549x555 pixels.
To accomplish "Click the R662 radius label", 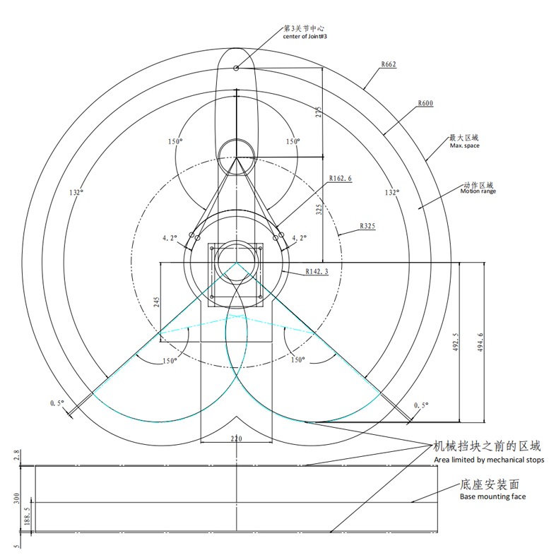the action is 389,64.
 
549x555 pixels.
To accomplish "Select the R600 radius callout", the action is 425,103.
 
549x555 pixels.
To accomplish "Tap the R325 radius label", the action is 367,226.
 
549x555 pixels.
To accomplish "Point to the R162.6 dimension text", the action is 341,179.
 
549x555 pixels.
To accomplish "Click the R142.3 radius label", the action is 317,272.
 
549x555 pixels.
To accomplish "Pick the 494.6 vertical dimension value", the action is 480,342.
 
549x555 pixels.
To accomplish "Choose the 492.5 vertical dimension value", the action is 456,342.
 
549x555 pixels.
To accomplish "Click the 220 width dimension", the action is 236,439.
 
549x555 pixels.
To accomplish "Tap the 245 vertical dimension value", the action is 157,302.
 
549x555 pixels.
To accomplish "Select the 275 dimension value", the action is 319,112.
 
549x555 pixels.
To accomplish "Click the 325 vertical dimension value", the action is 319,210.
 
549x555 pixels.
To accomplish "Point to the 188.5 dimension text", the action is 28,517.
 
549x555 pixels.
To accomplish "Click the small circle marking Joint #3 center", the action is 236,68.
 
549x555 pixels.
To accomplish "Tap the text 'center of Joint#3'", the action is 305,37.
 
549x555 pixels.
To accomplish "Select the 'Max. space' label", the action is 464,145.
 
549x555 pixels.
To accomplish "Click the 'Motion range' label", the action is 478,191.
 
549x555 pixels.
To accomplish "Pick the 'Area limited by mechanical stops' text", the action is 489,460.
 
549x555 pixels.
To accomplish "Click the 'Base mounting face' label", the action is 492,496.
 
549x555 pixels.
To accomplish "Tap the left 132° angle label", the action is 76,193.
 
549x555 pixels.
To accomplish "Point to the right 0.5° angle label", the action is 421,405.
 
